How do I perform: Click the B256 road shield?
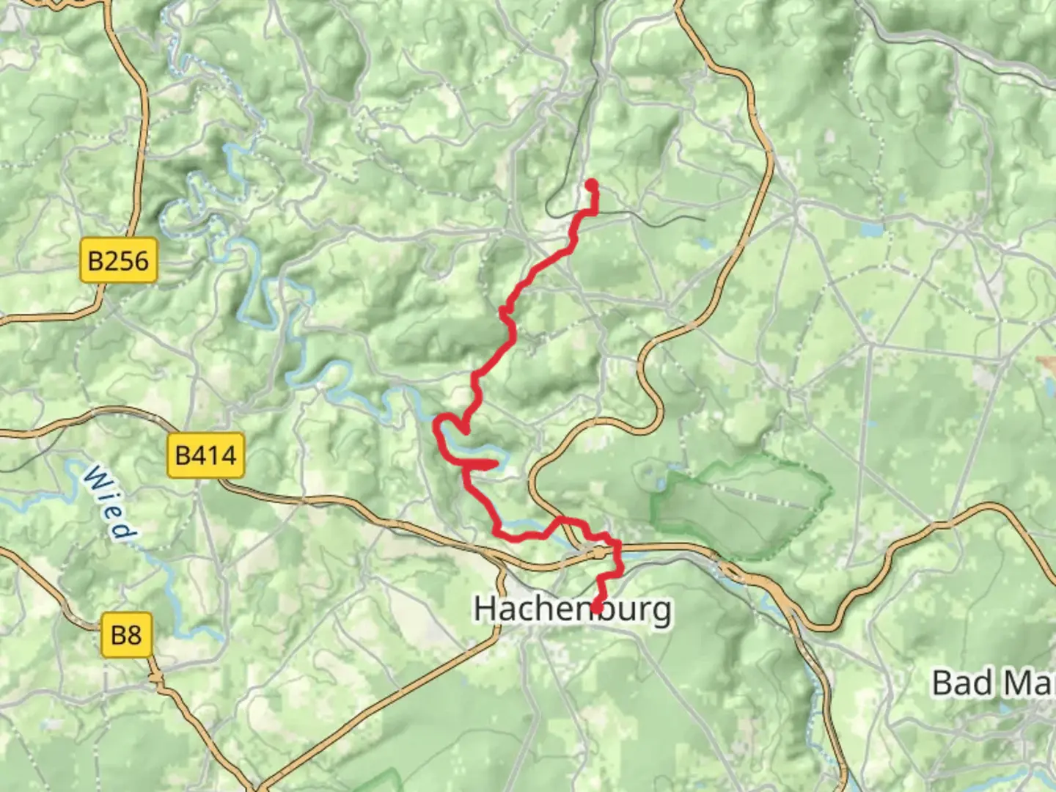[118, 260]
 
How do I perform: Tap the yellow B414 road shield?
[205, 455]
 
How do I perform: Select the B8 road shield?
[126, 634]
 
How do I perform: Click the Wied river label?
[110, 502]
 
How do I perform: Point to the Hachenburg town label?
[572, 609]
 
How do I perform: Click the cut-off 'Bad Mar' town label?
[993, 683]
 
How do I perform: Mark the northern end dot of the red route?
[590, 184]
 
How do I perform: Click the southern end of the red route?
[598, 608]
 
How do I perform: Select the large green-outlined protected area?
[741, 506]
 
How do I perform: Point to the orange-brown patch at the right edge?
[1047, 364]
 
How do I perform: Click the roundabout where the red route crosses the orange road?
[601, 552]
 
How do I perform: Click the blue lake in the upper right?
[873, 230]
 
